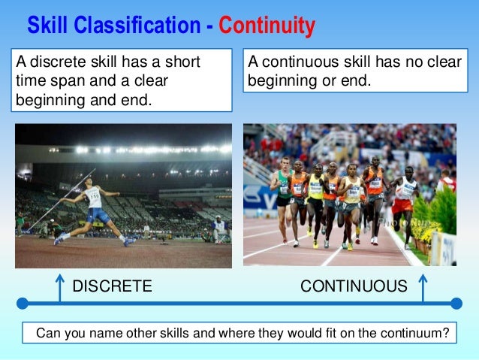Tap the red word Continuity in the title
[x=267, y=26]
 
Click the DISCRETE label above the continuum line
[x=111, y=286]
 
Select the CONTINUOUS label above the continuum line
[x=354, y=286]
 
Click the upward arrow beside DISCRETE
[x=59, y=288]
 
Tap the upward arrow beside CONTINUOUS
[x=422, y=288]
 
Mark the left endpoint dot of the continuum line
[x=23, y=304]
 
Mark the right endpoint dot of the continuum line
[x=456, y=304]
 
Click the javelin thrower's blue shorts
[x=97, y=215]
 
